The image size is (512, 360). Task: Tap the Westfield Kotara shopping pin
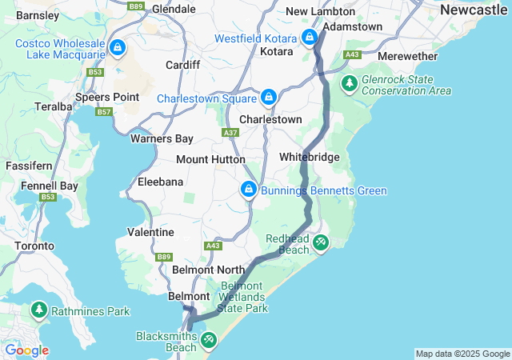pyautogui.click(x=310, y=37)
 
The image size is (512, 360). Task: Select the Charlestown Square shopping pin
pyautogui.click(x=270, y=98)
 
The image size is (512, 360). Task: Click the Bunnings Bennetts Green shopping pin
pyautogui.click(x=249, y=190)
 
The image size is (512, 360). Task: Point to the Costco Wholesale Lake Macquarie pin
pyautogui.click(x=118, y=47)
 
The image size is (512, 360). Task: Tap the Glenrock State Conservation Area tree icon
pyautogui.click(x=349, y=83)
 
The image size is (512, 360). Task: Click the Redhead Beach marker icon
pyautogui.click(x=320, y=242)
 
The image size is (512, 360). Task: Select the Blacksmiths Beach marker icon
pyautogui.click(x=208, y=341)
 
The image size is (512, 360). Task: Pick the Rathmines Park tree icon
pyautogui.click(x=38, y=309)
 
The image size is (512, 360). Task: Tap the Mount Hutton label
pyautogui.click(x=210, y=160)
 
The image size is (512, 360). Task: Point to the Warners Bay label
pyautogui.click(x=162, y=138)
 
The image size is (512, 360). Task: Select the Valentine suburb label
pyautogui.click(x=150, y=232)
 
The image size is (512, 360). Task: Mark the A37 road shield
pyautogui.click(x=231, y=132)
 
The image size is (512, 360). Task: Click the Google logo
pyautogui.click(x=26, y=350)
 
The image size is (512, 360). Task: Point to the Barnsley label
pyautogui.click(x=38, y=15)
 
